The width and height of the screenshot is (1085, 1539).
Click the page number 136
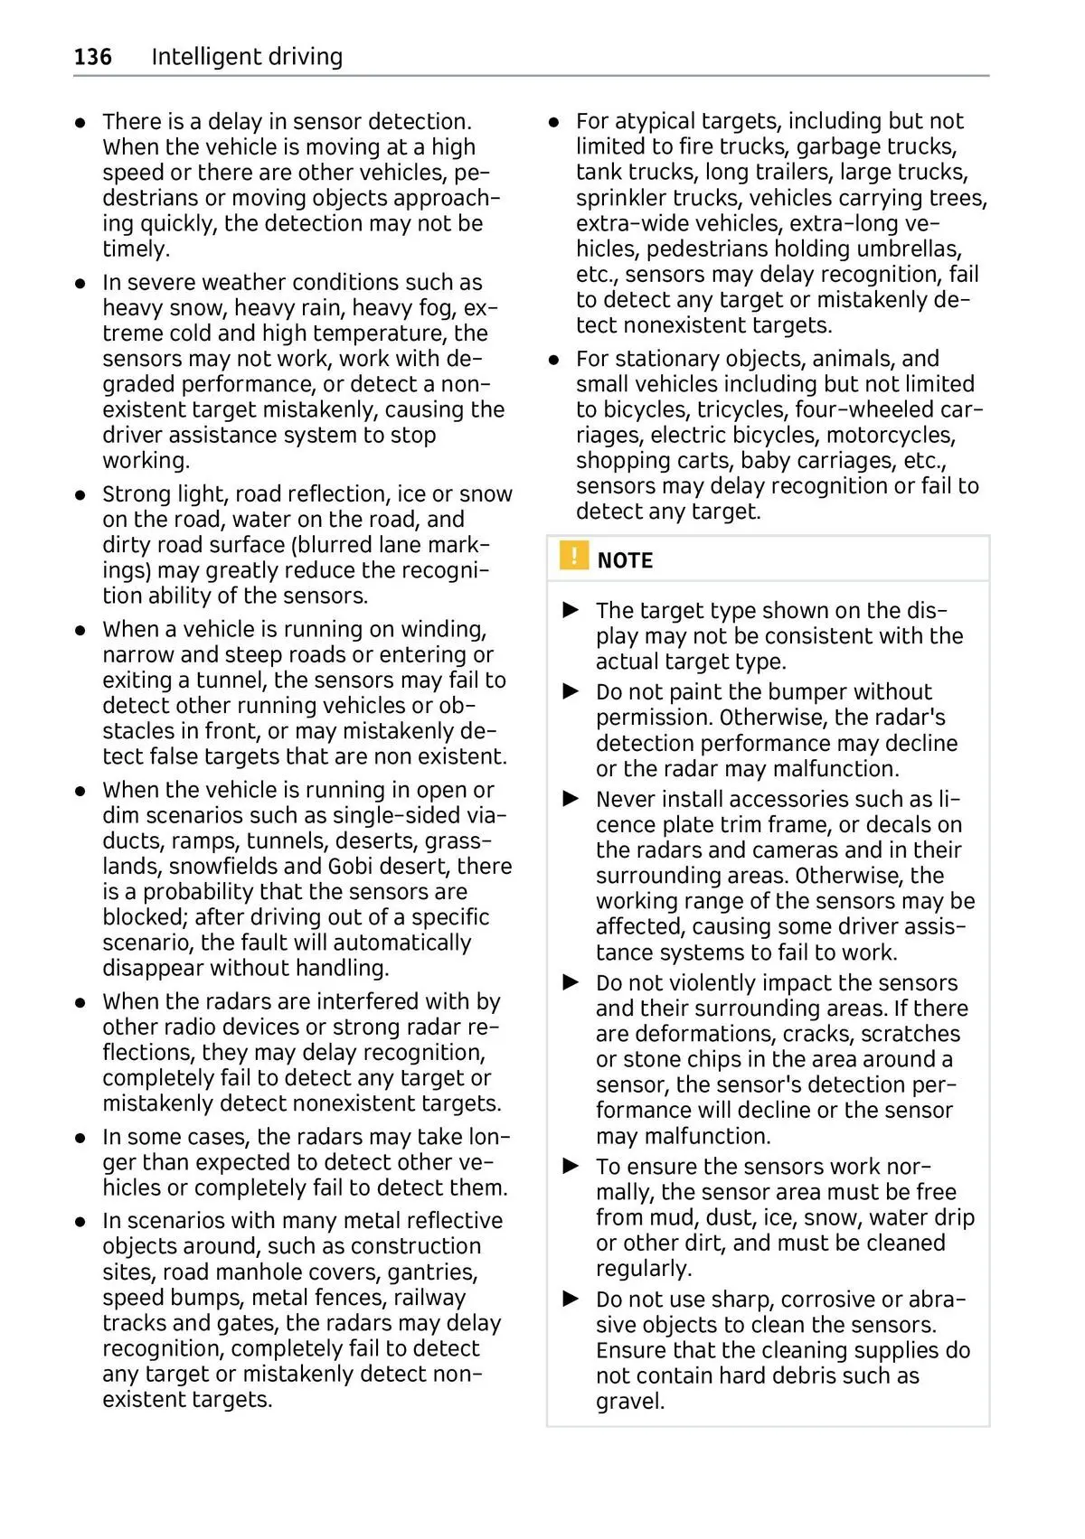[93, 57]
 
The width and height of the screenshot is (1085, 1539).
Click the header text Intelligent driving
[247, 57]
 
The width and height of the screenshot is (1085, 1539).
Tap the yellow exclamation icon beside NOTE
[573, 556]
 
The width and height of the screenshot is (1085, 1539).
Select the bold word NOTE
[625, 561]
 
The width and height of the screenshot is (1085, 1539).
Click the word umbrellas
[909, 249]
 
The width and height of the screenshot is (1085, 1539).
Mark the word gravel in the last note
[630, 1402]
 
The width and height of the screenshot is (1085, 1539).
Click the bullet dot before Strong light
[81, 495]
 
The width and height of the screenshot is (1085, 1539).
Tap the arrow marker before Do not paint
[571, 691]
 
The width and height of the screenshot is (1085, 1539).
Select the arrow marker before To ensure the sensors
[571, 1166]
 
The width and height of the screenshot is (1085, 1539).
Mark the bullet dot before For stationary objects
[555, 360]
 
